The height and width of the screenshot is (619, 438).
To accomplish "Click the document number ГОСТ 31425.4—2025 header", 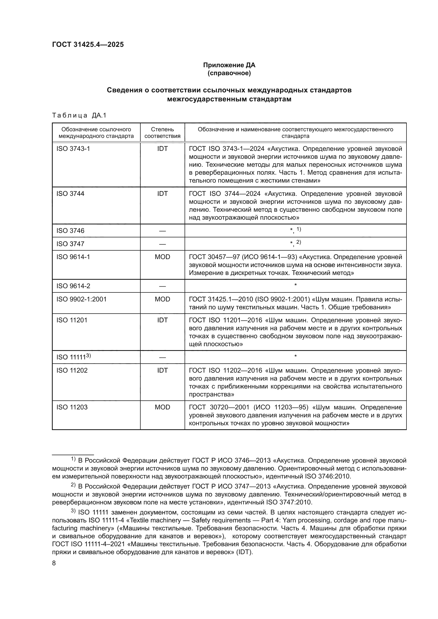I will point(88,44).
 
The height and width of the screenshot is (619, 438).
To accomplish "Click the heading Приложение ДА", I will point(229,65).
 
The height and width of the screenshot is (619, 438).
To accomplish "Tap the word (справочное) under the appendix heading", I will point(229,73).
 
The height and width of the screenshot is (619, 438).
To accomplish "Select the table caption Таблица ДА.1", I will point(79,115).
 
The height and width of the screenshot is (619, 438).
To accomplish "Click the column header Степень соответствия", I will point(162,133).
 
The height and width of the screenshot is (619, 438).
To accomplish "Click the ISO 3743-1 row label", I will point(73,148).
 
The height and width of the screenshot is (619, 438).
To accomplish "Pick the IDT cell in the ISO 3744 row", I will point(162,193).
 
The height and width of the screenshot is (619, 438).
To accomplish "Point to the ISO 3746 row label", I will point(70,231).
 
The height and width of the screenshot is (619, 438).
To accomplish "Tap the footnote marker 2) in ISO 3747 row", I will point(298,242).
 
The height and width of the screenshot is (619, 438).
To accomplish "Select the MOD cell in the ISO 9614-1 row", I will point(162,257).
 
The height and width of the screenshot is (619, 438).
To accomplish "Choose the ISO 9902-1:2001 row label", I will point(81,299).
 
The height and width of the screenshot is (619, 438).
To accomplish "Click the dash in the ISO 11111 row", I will point(162,358).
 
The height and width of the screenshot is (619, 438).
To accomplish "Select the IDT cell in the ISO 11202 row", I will point(162,371).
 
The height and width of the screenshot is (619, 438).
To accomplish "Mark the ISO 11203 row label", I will point(72,407).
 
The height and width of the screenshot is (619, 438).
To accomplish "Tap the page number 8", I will point(54,563).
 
